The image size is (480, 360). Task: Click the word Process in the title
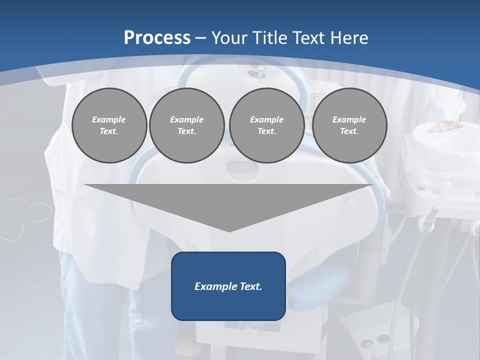(157, 38)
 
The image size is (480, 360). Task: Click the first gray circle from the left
(109, 125)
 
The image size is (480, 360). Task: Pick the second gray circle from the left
(186, 125)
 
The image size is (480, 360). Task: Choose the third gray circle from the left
(266, 125)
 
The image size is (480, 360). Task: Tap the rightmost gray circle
(349, 125)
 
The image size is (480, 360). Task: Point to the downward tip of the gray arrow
(229, 230)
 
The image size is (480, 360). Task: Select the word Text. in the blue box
(250, 286)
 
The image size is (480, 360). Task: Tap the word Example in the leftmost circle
(109, 119)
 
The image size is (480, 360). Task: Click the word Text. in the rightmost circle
(349, 131)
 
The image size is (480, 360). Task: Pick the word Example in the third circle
(266, 119)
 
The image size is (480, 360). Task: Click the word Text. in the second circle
(186, 131)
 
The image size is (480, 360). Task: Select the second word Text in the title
(307, 38)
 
